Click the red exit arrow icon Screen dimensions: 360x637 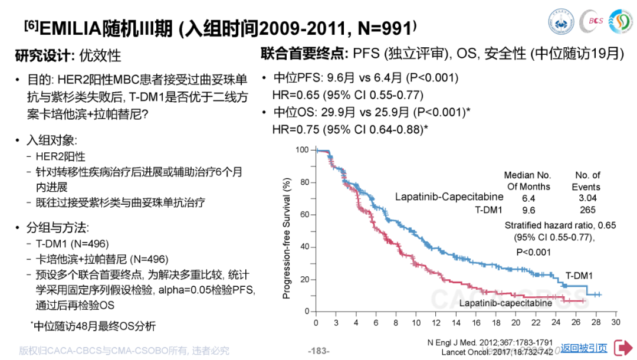(623, 348)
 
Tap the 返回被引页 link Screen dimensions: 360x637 (583, 348)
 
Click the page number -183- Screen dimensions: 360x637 (319, 351)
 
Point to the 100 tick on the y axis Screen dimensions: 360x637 (302, 150)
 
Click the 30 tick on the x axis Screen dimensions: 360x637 (615, 322)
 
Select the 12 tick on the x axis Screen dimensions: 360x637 (435, 322)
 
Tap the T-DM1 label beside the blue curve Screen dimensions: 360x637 (579, 276)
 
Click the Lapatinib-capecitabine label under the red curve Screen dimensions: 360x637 (505, 303)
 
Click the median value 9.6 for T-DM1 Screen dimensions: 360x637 (528, 210)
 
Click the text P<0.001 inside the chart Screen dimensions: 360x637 (533, 252)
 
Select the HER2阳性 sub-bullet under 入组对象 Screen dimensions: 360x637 (60, 156)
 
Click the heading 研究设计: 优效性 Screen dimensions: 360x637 (68, 56)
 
